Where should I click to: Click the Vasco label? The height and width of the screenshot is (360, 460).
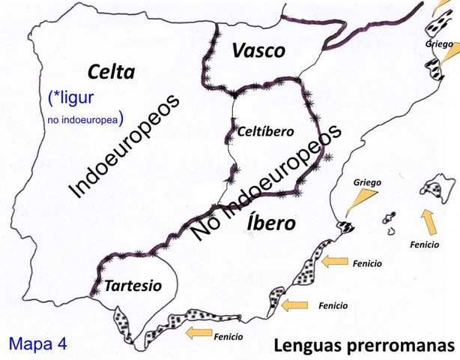click(x=258, y=51)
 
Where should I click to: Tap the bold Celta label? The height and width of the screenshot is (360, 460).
click(x=111, y=72)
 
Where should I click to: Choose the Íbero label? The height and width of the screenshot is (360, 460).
click(x=272, y=224)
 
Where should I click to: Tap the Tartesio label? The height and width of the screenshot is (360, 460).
click(x=133, y=285)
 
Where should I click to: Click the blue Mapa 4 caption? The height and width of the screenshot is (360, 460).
click(x=38, y=343)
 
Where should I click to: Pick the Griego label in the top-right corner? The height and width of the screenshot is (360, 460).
click(x=438, y=44)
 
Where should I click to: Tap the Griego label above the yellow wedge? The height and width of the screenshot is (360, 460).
click(x=367, y=181)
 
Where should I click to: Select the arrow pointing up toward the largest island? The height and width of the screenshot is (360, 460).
click(x=429, y=221)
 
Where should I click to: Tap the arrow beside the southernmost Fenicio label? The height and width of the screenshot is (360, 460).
click(x=198, y=331)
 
